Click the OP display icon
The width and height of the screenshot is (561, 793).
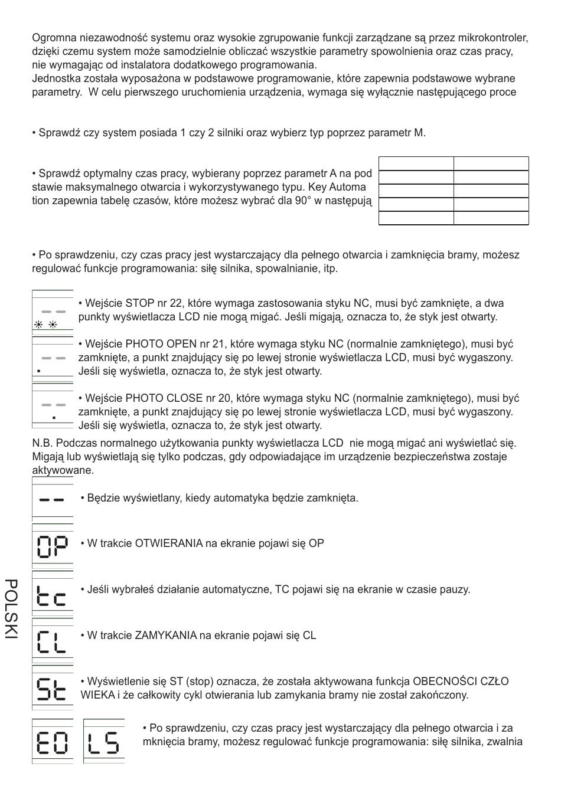click(x=52, y=546)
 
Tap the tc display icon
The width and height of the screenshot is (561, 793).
click(x=52, y=595)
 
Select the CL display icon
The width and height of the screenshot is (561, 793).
click(x=52, y=640)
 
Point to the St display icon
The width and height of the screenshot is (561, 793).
click(x=52, y=689)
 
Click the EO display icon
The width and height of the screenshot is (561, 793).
click(x=52, y=742)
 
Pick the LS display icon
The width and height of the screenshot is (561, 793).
click(x=103, y=742)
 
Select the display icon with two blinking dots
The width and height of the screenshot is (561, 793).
click(x=52, y=313)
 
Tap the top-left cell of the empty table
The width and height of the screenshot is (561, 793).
click(x=416, y=163)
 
